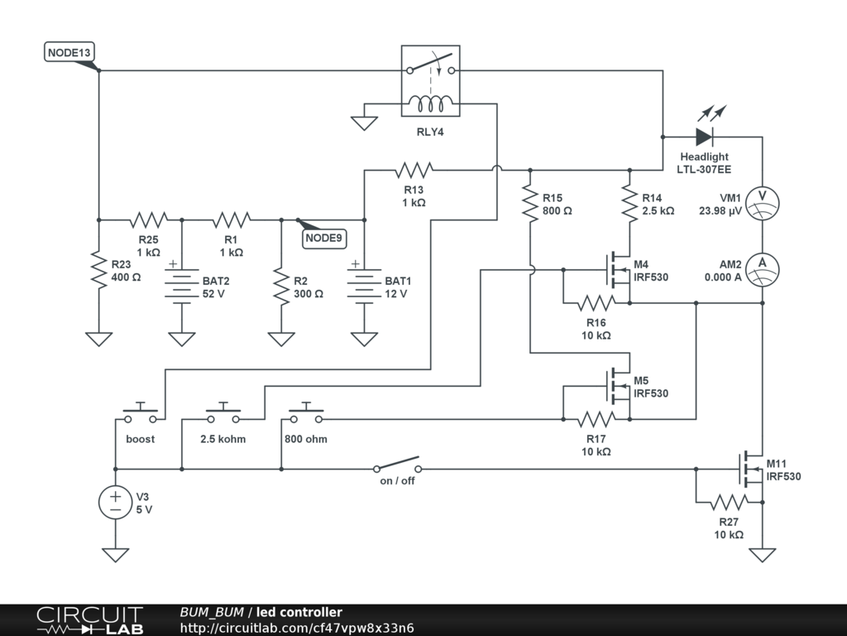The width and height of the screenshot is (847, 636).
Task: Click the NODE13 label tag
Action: (x=69, y=53)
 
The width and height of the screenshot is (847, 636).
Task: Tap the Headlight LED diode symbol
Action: (x=705, y=137)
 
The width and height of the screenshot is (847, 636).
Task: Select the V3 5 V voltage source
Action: (x=116, y=503)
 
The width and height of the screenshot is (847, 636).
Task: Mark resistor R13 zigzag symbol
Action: (x=414, y=171)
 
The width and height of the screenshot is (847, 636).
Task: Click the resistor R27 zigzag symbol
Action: (x=728, y=503)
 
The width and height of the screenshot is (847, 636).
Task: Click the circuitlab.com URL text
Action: (x=297, y=628)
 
